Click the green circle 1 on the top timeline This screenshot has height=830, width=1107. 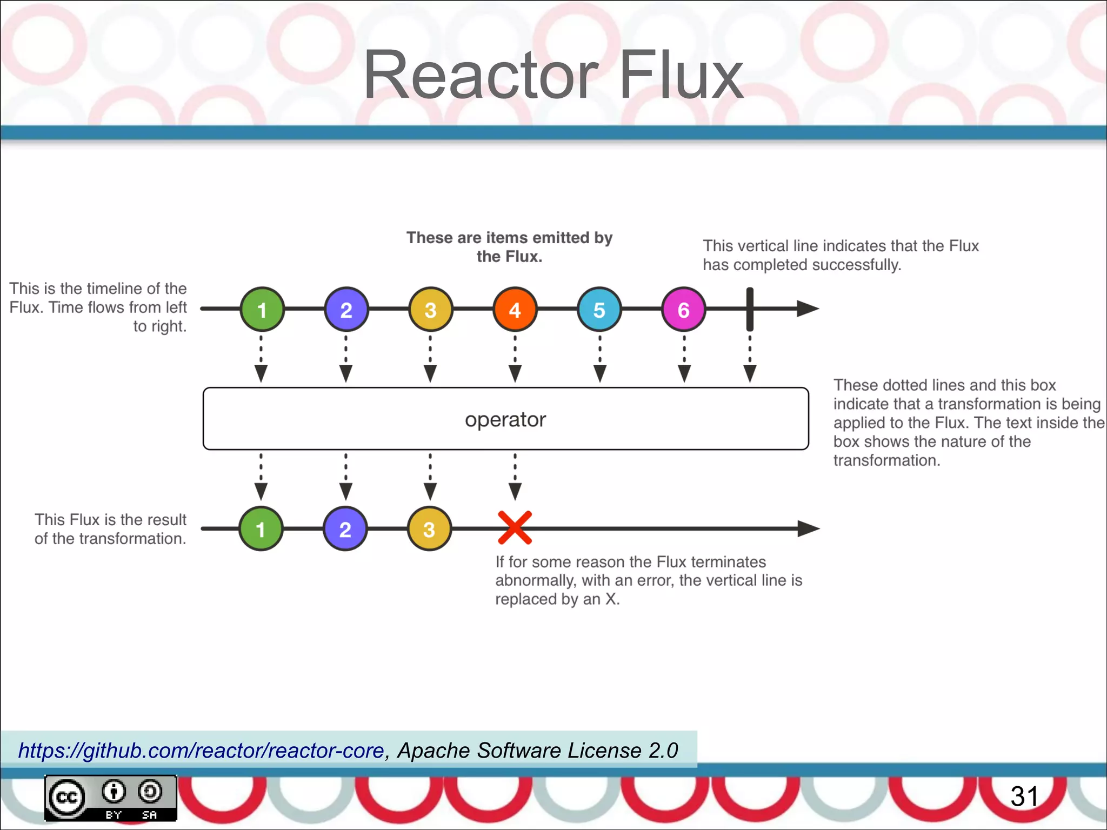point(262,309)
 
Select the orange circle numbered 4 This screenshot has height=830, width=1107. point(515,309)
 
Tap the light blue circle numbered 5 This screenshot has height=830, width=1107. point(599,309)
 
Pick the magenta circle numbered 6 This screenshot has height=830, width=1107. point(683,309)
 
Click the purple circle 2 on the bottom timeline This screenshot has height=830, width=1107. point(345,528)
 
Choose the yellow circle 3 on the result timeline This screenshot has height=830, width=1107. point(429,528)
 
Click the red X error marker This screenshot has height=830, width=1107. point(515,527)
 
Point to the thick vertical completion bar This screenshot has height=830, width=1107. point(750,309)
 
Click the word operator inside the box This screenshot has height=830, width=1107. point(505,419)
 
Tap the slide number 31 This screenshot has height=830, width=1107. point(1024,796)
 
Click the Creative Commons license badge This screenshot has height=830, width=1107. point(110,798)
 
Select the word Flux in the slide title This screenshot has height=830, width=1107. point(681,76)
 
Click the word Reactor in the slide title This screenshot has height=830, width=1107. point(481,76)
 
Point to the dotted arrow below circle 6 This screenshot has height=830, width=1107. point(684,359)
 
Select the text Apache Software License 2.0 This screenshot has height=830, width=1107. point(537,751)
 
